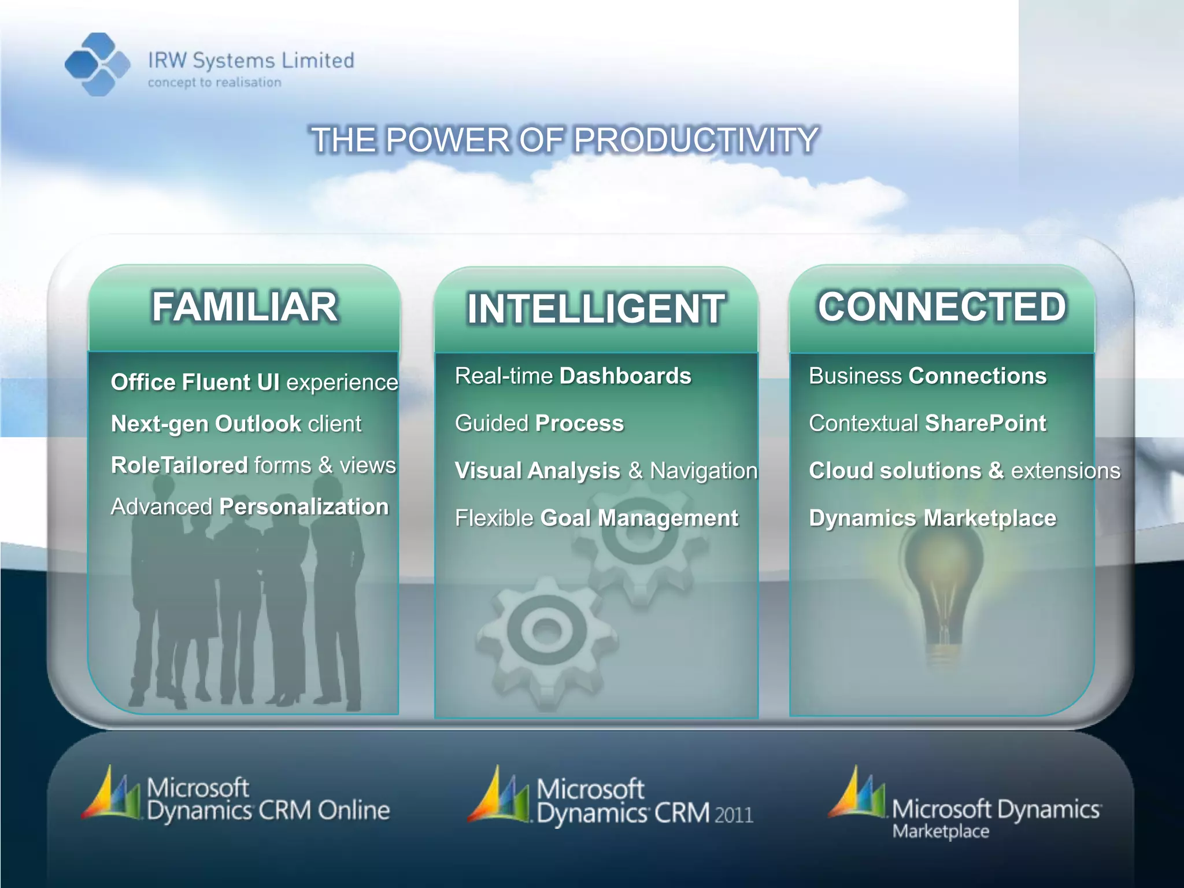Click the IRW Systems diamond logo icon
click(97, 64)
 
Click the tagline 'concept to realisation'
click(214, 83)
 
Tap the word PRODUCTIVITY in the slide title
click(695, 140)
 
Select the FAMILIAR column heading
click(245, 306)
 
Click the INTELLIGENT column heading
click(595, 309)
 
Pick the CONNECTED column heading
click(942, 306)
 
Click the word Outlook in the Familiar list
click(258, 424)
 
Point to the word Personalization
click(304, 507)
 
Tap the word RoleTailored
click(179, 465)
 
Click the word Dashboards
click(626, 376)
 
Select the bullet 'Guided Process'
click(539, 423)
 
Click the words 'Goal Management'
click(639, 518)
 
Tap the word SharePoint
click(986, 423)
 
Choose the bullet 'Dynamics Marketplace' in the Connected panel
click(933, 518)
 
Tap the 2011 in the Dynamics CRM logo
click(734, 815)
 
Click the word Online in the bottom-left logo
click(354, 811)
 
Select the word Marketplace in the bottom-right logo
click(941, 832)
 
